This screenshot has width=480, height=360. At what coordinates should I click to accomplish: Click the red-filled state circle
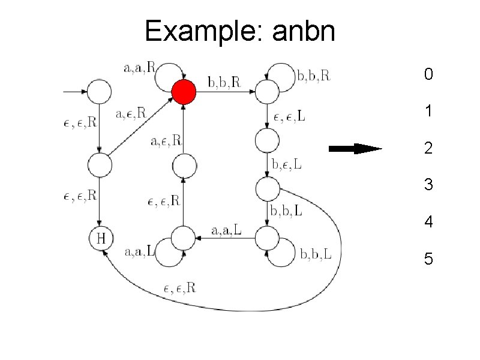click(184, 91)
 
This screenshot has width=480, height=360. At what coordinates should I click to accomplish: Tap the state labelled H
click(101, 238)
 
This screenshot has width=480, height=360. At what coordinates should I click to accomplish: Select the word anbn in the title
click(304, 31)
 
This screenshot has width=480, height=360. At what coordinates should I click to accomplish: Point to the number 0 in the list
click(428, 75)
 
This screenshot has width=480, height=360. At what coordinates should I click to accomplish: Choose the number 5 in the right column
click(428, 259)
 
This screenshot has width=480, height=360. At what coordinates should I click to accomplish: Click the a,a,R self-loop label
click(139, 68)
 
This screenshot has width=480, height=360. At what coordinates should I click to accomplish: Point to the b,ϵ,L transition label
click(287, 163)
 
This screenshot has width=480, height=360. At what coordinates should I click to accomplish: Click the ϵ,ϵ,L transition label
click(289, 116)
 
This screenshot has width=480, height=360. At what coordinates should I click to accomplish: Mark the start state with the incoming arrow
click(100, 92)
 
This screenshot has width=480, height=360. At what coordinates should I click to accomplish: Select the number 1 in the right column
click(428, 112)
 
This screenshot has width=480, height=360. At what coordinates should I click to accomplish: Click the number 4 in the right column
click(428, 223)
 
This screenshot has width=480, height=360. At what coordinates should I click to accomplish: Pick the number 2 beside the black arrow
click(428, 148)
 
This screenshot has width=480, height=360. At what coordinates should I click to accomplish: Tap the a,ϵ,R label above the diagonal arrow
click(131, 112)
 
